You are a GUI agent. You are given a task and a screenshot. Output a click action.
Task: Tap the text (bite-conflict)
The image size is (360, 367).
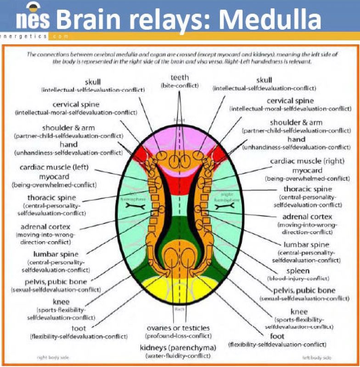180,85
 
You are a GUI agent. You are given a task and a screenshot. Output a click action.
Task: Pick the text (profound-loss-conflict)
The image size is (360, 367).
178,336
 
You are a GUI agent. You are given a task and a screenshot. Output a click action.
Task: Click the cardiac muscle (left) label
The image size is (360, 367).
54,167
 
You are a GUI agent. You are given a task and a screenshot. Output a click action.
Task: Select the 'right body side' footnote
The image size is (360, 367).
52,356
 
